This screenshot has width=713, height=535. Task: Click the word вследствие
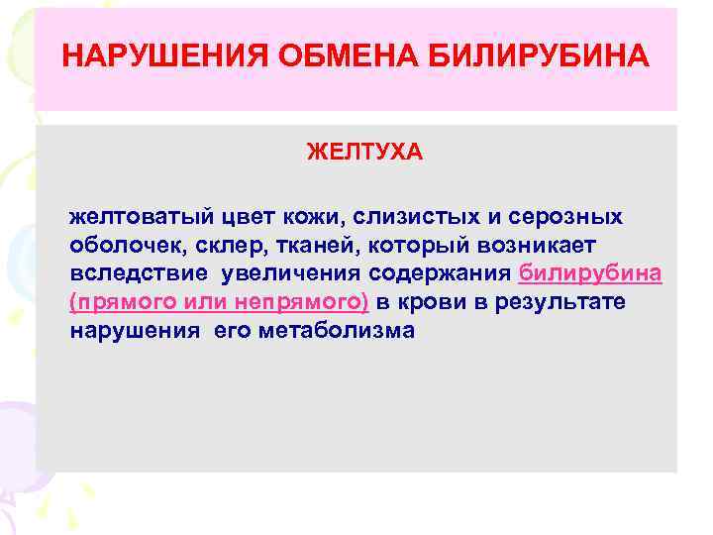134,273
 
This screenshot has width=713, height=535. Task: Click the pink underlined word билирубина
590,273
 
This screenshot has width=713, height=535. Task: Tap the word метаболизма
338,330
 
